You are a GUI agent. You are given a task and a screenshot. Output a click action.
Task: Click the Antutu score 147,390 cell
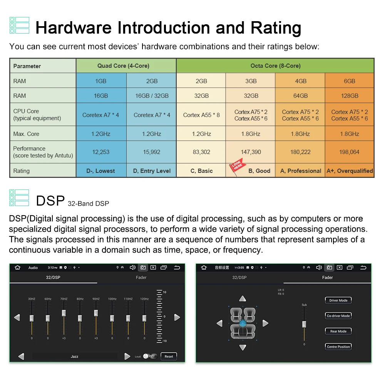tap(251, 152)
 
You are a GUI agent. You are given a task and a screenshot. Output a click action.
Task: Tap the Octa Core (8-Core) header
tap(275, 66)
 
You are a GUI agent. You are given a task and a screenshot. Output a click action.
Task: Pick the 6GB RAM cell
tap(350, 81)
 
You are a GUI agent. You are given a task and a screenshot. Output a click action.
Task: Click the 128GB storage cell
tap(350, 96)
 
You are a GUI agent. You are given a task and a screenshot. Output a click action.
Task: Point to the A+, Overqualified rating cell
tap(350, 171)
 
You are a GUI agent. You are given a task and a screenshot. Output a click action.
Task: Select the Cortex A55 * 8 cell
tap(201, 115)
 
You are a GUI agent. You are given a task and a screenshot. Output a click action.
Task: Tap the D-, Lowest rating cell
tap(101, 171)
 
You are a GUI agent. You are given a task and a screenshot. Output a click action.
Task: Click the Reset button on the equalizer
tap(169, 357)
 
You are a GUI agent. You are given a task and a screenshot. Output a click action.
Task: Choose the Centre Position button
tap(338, 347)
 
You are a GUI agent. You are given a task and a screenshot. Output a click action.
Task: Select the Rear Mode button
tap(338, 331)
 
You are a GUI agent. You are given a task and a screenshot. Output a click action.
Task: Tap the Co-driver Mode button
tap(338, 316)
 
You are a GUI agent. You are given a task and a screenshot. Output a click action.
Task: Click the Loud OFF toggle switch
tap(150, 357)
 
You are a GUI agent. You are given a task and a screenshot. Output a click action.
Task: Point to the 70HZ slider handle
tap(64, 313)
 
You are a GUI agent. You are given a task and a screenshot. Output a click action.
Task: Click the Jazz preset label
tap(75, 357)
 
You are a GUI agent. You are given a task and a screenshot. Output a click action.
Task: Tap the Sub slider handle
tap(304, 324)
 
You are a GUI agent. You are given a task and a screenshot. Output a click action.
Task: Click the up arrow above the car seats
tap(242, 299)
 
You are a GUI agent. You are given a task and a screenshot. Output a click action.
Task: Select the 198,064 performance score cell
tap(350, 152)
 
